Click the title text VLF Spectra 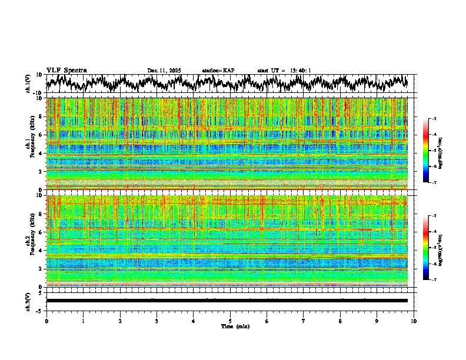(x=66, y=71)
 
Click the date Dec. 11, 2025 (x=164, y=71)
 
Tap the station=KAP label (x=218, y=71)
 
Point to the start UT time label (x=284, y=71)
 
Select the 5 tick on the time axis (x=230, y=321)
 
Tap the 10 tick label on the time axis (x=414, y=321)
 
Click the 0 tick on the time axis (x=46, y=321)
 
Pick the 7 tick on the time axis (x=304, y=321)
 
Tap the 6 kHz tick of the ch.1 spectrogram (x=42, y=135)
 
